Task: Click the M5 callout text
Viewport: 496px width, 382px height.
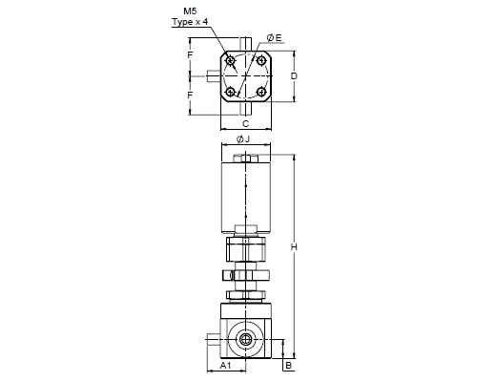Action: tap(190, 11)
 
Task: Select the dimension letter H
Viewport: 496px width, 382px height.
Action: tap(294, 246)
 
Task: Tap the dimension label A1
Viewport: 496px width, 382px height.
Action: tap(226, 365)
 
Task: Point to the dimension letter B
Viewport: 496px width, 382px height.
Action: tap(288, 365)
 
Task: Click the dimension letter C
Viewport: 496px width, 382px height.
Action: tap(246, 123)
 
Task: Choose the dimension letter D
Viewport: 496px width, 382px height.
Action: tap(294, 76)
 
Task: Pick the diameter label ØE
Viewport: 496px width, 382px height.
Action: tap(274, 38)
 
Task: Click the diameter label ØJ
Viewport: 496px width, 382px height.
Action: tap(243, 139)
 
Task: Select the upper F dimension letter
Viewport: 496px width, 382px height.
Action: tap(190, 55)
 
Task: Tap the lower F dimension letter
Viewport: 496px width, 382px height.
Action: tap(190, 95)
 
